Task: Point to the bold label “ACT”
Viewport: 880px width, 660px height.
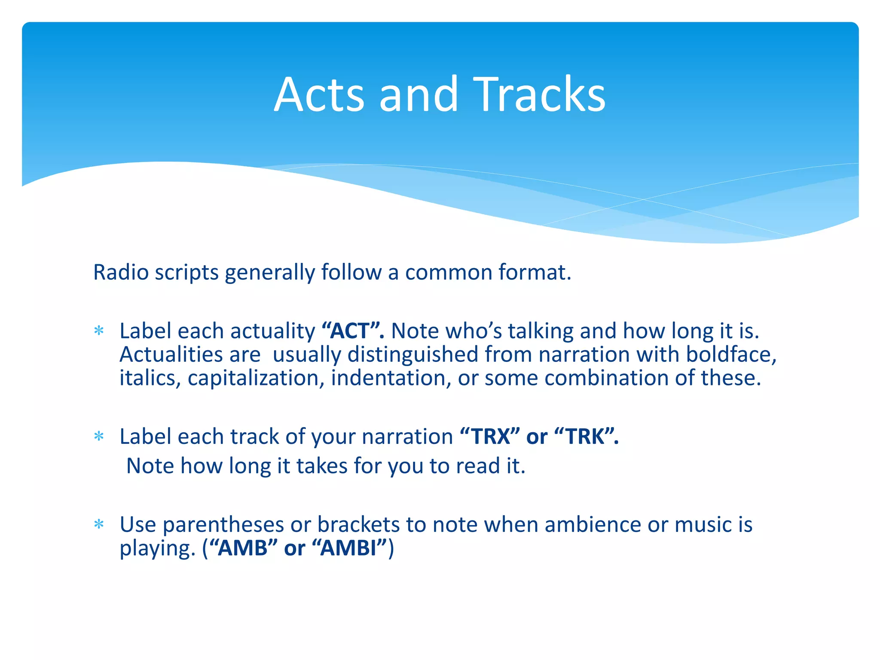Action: [353, 331]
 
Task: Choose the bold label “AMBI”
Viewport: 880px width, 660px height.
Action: [348, 548]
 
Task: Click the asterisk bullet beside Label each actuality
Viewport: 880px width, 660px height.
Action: [99, 331]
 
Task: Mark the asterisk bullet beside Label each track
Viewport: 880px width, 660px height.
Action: [99, 437]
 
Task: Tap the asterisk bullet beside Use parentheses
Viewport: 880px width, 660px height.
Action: [99, 525]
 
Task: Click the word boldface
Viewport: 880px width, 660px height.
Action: [730, 355]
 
